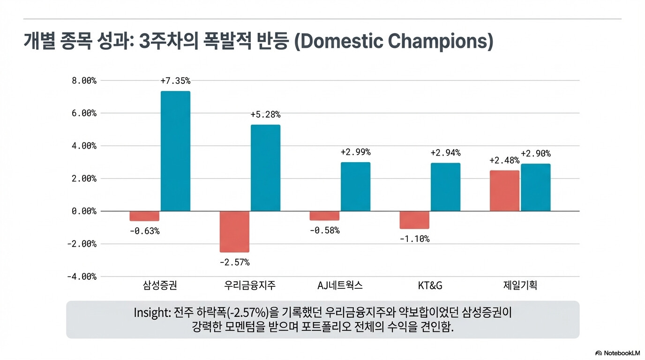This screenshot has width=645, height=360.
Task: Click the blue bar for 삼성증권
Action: pos(175,151)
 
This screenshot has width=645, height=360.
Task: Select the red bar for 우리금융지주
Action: pos(234,232)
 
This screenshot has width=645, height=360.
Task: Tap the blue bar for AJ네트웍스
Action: pos(355,187)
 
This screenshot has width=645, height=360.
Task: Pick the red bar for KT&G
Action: pos(414,220)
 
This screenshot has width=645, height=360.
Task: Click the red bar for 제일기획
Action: pos(504,191)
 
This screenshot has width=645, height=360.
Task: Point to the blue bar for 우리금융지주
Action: pos(265,168)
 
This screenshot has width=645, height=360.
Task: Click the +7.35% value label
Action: pos(175,81)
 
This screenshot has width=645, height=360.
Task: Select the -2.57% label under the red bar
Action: pos(234,262)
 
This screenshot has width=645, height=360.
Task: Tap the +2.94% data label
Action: pos(445,153)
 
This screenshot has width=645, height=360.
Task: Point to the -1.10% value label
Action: pos(414,239)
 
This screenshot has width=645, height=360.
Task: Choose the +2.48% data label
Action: pos(504,160)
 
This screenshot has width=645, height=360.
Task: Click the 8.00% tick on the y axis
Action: pos(84,81)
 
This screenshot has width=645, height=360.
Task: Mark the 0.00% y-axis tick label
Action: pos(84,211)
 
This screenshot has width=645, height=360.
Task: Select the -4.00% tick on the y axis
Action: pos(82,277)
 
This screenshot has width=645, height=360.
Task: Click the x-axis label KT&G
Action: pos(430,285)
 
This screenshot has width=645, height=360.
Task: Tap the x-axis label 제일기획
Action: pos(520,285)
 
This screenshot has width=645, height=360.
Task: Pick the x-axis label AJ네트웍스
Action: pos(340,285)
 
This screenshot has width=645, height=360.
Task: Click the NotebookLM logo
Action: pos(617,353)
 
